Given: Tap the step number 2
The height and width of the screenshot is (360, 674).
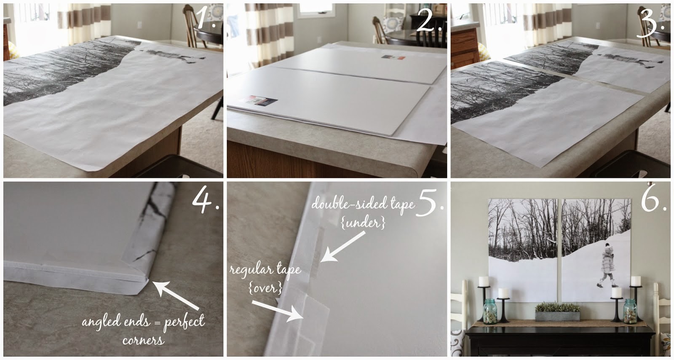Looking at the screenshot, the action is [429, 19].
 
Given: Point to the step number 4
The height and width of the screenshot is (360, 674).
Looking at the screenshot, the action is [206, 197].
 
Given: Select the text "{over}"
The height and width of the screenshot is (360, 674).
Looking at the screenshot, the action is [265, 288].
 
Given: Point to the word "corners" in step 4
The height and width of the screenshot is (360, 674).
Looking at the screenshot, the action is [143, 341].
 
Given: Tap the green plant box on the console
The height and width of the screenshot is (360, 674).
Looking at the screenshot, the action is [557, 312].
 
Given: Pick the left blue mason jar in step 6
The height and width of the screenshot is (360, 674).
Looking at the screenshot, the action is [490, 312].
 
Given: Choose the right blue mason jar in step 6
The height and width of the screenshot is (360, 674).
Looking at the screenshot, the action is [630, 312].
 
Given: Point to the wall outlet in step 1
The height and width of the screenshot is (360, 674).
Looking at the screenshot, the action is [139, 25].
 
